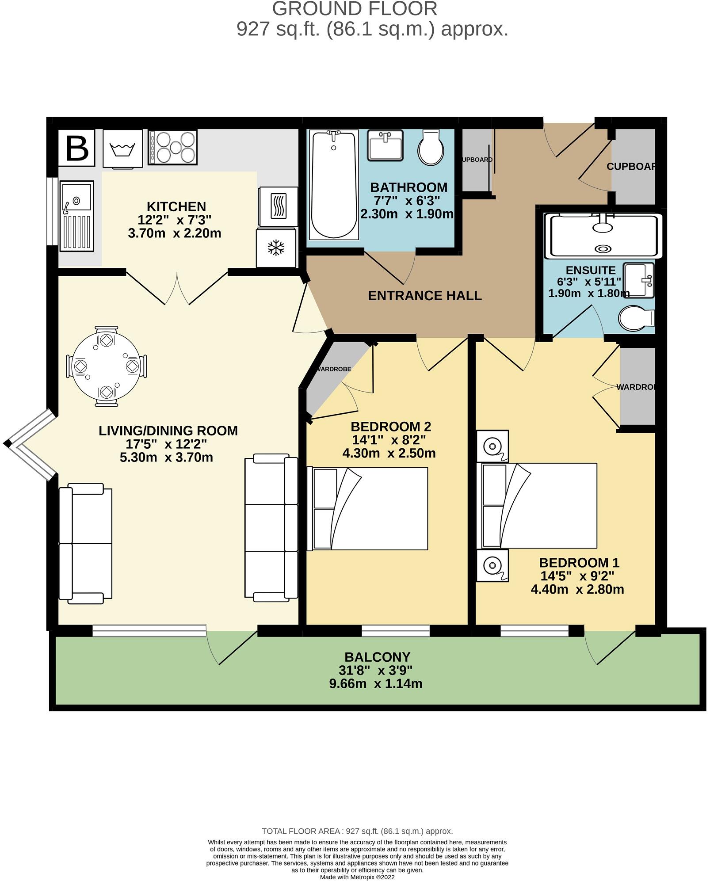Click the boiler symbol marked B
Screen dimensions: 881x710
tap(76, 148)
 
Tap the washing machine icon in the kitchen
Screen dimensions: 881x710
tap(122, 149)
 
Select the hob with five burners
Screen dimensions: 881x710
tap(172, 148)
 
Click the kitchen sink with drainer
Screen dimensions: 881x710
tap(76, 216)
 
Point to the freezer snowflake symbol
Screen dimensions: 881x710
tap(276, 248)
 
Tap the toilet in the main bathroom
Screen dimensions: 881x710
tap(431, 148)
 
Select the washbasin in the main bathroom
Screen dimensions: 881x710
tap(386, 145)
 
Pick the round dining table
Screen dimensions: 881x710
tap(106, 366)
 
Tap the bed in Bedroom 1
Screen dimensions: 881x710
tap(539, 506)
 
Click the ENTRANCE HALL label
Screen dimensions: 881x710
tap(424, 296)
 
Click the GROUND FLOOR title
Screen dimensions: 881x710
tap(354, 9)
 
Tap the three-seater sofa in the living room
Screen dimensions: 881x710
tap(271, 527)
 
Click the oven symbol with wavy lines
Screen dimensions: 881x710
tap(278, 206)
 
